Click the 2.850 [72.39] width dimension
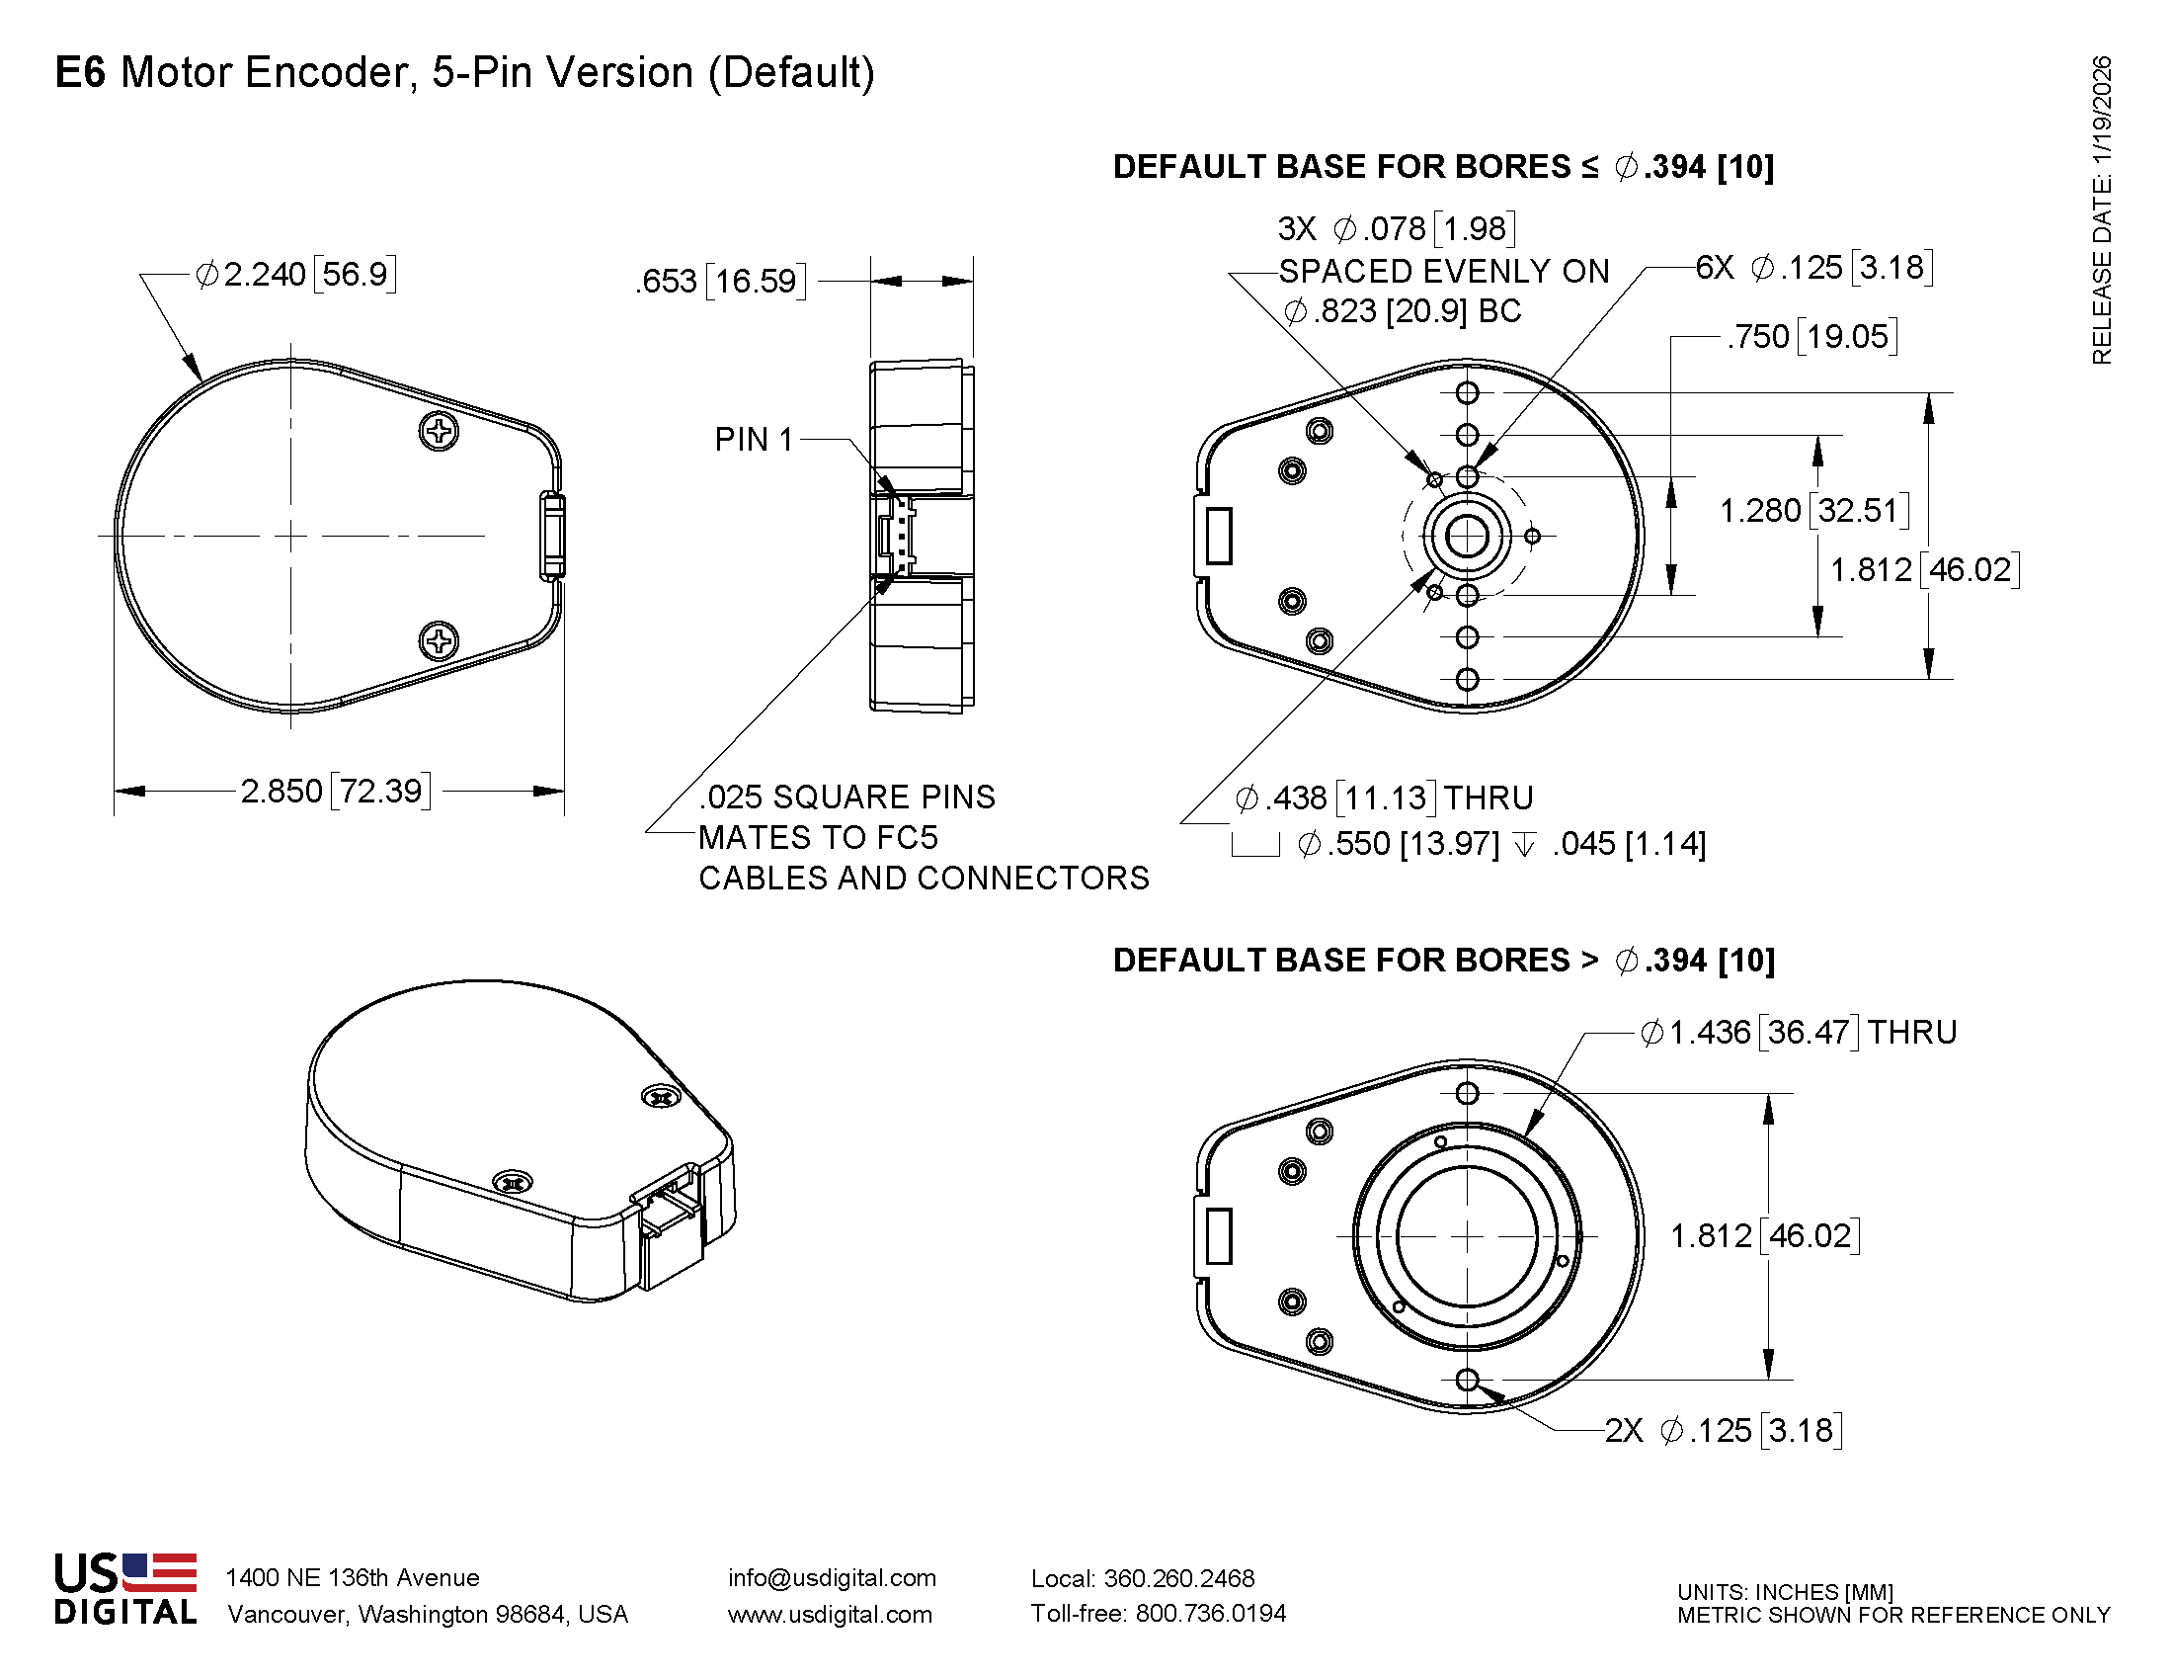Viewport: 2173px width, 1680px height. coord(335,792)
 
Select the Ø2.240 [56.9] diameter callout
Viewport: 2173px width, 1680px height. coord(295,274)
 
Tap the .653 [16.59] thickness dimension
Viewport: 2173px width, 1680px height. coord(720,282)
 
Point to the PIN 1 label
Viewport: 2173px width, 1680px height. coord(754,439)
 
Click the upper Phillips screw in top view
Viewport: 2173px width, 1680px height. coord(439,431)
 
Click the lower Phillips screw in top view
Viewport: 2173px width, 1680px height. coord(439,640)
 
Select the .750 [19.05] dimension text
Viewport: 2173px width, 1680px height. coord(1811,336)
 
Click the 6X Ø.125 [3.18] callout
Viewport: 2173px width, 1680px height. coord(1813,268)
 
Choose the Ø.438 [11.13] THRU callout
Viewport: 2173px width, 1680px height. coord(1383,798)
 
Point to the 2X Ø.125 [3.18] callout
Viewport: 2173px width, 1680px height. coord(1723,1430)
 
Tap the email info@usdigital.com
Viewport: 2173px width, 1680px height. coord(832,1577)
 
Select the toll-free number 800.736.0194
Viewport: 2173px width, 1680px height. coord(1210,1614)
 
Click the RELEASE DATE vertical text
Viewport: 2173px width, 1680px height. coord(2101,209)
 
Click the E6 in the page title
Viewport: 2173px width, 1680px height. coord(80,73)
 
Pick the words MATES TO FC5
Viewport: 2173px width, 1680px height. coord(818,838)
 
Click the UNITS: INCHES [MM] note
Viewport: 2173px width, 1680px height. coord(1785,1591)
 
